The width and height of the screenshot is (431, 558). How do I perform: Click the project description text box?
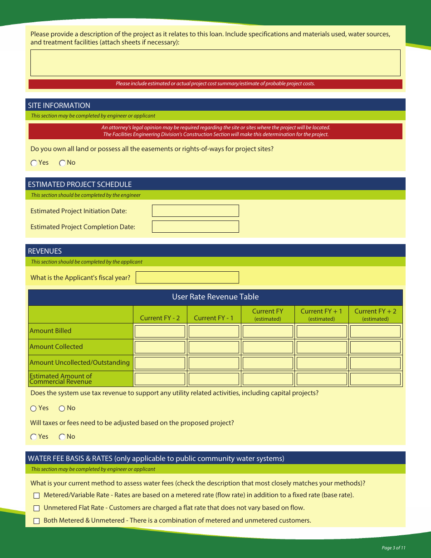[x=215, y=63]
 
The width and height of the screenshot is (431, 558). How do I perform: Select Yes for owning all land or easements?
[x=34, y=163]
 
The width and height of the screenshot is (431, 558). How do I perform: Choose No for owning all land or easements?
[x=62, y=163]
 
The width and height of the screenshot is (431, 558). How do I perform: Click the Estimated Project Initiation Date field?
[x=195, y=211]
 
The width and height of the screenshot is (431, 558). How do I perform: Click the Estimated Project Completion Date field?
[x=195, y=227]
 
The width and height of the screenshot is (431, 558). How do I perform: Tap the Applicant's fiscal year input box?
[x=187, y=278]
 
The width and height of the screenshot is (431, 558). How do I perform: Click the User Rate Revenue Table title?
[x=215, y=297]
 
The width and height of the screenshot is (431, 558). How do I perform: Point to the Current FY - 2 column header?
[x=160, y=318]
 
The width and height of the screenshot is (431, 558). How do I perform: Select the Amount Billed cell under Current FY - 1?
[x=214, y=331]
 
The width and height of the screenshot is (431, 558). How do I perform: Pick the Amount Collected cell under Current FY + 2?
[x=375, y=347]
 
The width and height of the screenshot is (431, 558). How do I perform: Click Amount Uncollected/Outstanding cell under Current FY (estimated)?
[x=268, y=363]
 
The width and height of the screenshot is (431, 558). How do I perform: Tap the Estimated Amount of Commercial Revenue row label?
[x=60, y=379]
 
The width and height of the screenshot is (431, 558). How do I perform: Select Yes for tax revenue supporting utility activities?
[x=34, y=408]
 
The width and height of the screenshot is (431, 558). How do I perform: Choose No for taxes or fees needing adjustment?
[x=62, y=437]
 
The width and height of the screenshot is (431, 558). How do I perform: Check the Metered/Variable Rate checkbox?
[x=37, y=496]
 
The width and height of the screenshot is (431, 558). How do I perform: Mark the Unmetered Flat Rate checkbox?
[x=37, y=509]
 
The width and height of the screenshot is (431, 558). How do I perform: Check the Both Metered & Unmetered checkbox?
[x=37, y=521]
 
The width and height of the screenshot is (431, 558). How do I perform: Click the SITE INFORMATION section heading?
[x=59, y=105]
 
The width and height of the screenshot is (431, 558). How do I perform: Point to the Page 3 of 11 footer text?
[x=393, y=548]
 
